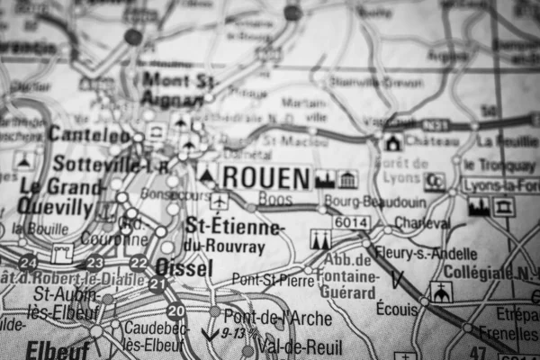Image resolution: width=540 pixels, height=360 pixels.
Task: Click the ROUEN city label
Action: coord(265,177)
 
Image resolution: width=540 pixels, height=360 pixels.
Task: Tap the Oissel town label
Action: coord(184,267)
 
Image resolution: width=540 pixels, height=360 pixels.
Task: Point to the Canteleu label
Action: coord(89,134)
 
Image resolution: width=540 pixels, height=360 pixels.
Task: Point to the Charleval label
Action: coord(422,222)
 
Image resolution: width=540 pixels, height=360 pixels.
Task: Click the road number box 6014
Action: coord(349,221)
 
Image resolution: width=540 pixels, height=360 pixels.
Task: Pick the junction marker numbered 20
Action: coord(176,311)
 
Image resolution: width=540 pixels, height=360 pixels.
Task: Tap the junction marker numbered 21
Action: coord(157,284)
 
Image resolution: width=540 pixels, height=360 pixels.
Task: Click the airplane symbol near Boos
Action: coord(220,200)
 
